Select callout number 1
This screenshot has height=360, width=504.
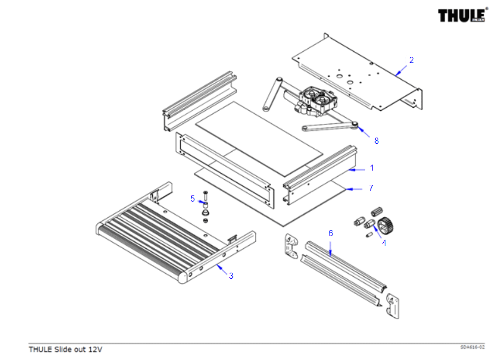click(x=372, y=168)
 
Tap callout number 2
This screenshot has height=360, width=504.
click(x=412, y=60)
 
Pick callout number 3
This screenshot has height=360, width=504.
click(x=231, y=276)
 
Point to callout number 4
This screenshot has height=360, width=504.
click(x=384, y=243)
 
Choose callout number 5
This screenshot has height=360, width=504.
click(x=192, y=199)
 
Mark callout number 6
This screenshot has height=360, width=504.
click(x=330, y=233)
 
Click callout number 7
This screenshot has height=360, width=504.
click(x=371, y=188)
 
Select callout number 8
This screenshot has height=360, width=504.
click(x=376, y=141)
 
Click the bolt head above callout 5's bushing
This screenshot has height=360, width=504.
click(x=205, y=192)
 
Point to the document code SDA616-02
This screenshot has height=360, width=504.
click(x=473, y=347)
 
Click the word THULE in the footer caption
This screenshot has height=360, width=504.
click(x=40, y=349)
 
